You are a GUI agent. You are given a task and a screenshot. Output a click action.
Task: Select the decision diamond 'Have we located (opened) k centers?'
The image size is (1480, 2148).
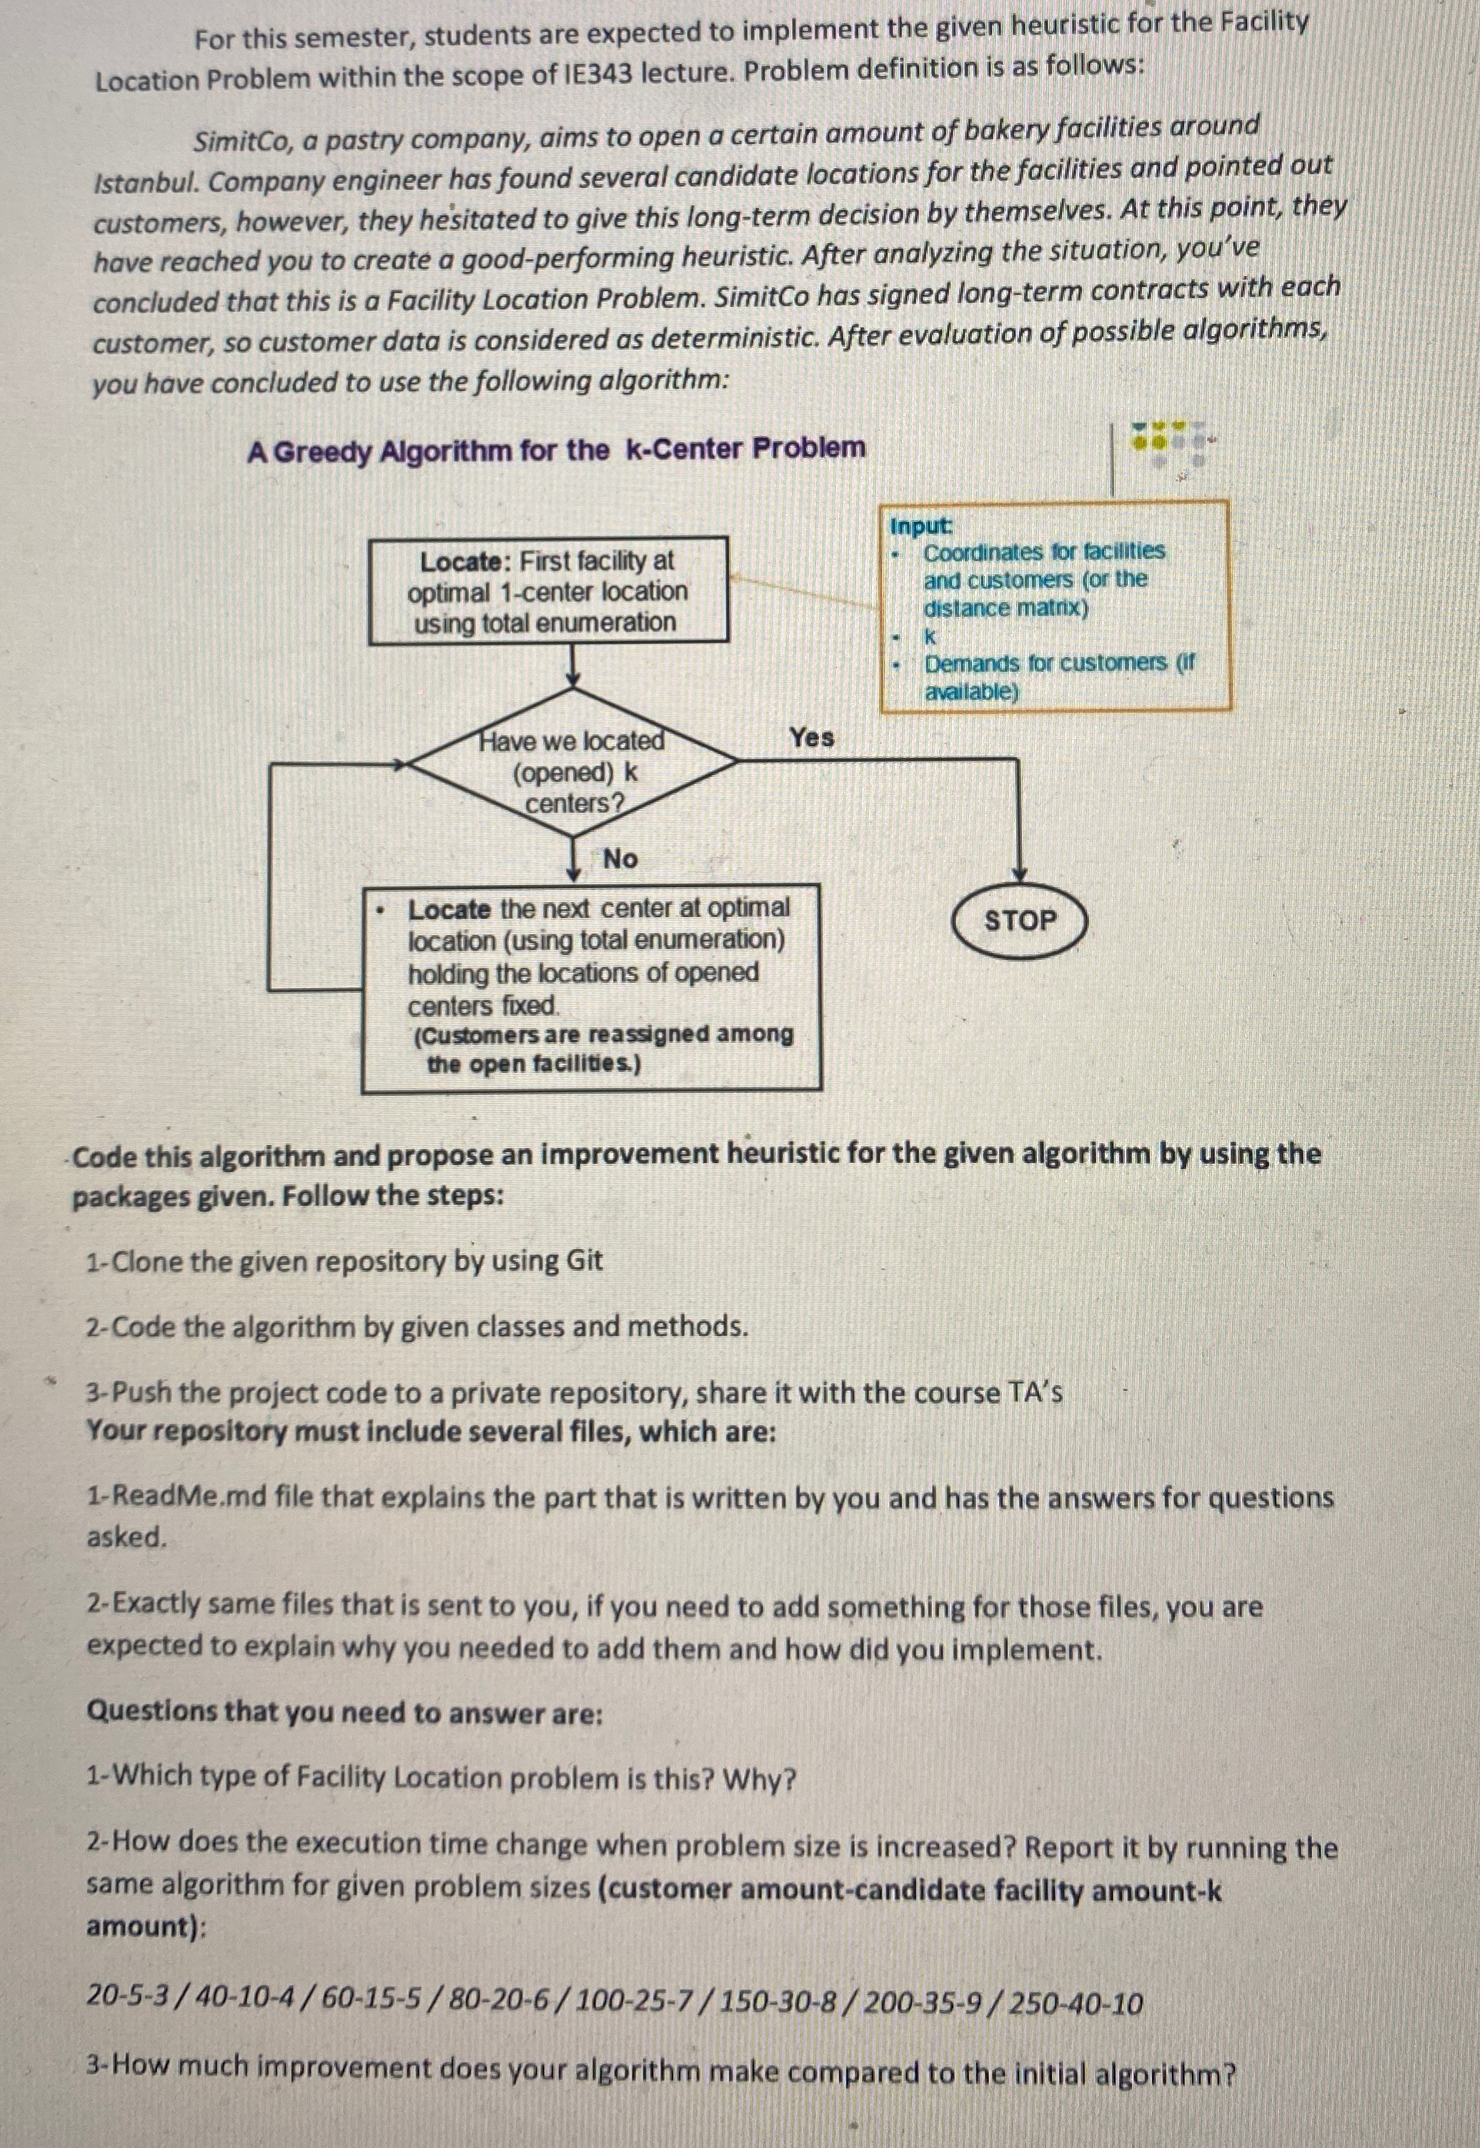tap(573, 771)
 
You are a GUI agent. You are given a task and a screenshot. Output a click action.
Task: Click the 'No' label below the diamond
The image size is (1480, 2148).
tap(620, 858)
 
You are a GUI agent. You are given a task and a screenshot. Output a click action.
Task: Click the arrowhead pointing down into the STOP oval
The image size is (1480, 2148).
tap(1019, 873)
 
